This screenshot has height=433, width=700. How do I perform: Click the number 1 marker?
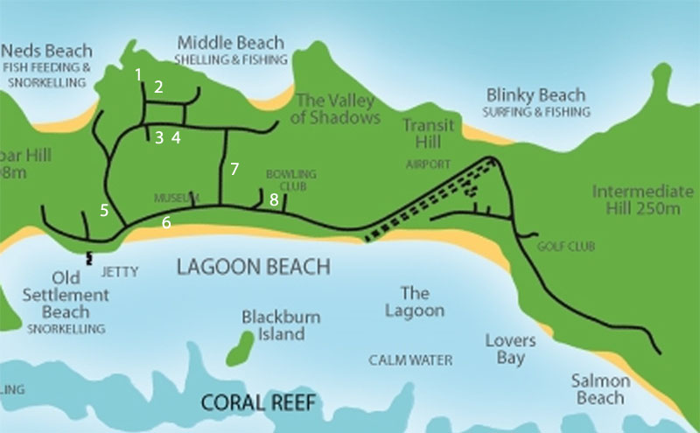(x=138, y=74)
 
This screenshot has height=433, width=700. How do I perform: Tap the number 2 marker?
(x=158, y=87)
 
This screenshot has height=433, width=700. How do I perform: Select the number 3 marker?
(x=158, y=137)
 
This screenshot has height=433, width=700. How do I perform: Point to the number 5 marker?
(x=104, y=210)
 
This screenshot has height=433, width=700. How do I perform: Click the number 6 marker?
(x=166, y=223)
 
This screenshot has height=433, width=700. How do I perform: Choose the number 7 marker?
(x=234, y=169)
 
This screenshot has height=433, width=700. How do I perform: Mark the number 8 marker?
(x=274, y=200)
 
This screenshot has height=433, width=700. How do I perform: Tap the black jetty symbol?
(x=88, y=259)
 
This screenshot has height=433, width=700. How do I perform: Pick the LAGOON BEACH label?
(x=253, y=267)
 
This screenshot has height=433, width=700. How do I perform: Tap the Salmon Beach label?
(x=600, y=389)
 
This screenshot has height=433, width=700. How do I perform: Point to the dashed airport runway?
(x=429, y=199)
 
